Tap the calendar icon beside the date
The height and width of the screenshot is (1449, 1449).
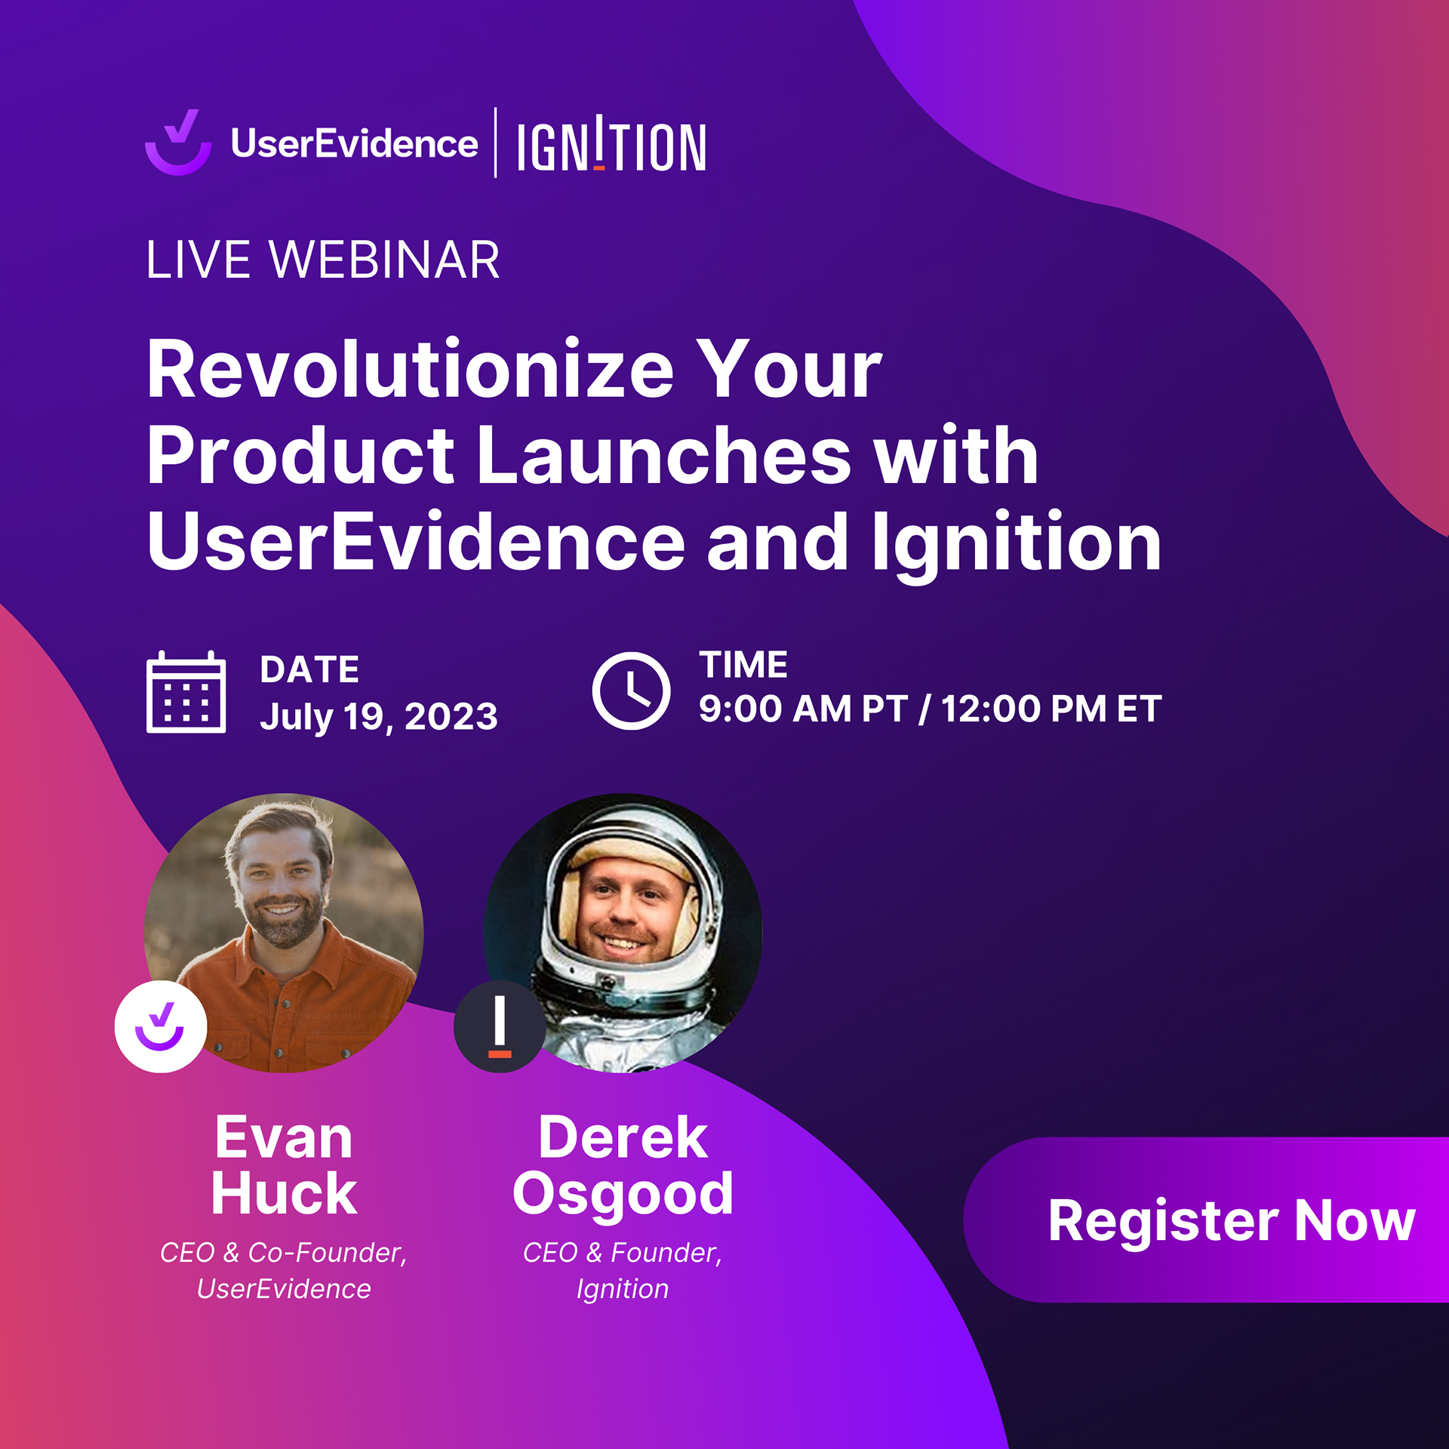pos(186,691)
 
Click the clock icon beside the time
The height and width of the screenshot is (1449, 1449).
pos(631,691)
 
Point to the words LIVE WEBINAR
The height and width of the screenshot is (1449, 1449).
pos(323,260)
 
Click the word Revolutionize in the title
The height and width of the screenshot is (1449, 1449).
pos(410,369)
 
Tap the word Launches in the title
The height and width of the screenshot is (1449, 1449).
pos(664,455)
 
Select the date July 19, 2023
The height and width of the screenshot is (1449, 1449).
pos(379,715)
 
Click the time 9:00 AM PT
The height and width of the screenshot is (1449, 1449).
pos(803,709)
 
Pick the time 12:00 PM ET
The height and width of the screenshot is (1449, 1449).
pos(1051,709)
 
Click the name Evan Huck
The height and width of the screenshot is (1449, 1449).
pos(284,1165)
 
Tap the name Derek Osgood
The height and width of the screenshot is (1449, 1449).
pos(623,1165)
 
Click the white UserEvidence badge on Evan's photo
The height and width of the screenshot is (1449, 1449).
pos(161,1026)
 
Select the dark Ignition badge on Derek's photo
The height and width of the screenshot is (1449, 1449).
pos(500,1026)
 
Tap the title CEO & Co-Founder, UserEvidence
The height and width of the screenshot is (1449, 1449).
pos(284,1271)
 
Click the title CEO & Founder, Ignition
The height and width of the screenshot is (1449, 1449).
pos(623,1272)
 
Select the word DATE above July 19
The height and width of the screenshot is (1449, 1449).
pos(309,669)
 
